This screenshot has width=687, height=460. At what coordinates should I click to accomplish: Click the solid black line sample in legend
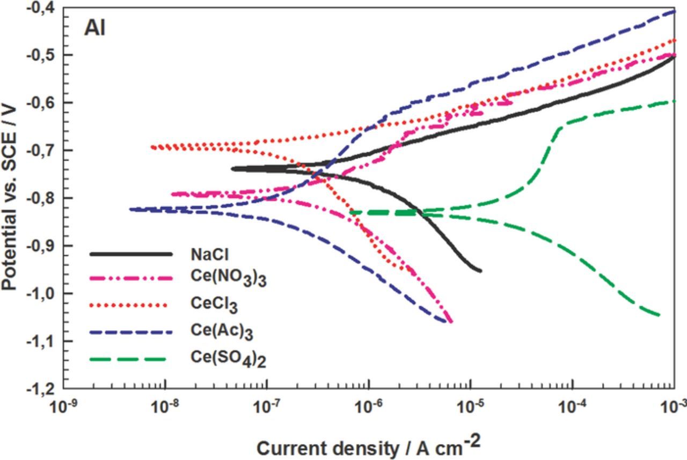[131, 254]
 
